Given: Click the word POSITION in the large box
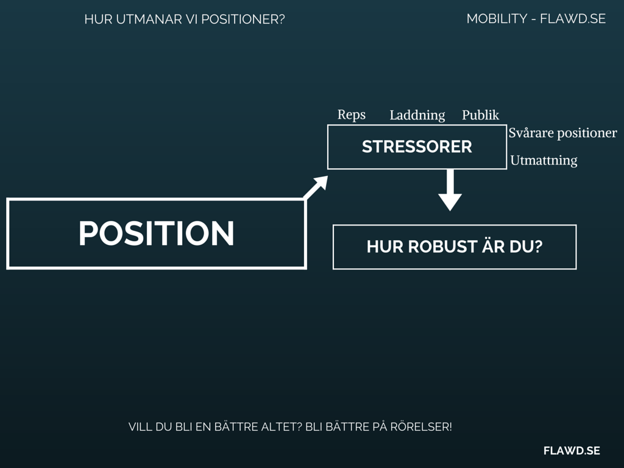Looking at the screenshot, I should click(x=156, y=233).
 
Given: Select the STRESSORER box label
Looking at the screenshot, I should click(x=417, y=147).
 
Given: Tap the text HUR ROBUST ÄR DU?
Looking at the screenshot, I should click(x=454, y=247).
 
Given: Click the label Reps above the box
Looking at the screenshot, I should click(x=352, y=115).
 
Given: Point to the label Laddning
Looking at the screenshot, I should click(x=417, y=115).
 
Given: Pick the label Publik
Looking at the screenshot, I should click(x=480, y=115).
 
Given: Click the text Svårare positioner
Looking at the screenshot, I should click(x=562, y=133).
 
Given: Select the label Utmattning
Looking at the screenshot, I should click(x=544, y=161).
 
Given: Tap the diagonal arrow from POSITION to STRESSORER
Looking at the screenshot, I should click(x=315, y=187).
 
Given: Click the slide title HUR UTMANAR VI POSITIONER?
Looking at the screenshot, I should click(x=185, y=19).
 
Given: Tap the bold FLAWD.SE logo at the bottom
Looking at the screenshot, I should click(x=572, y=450).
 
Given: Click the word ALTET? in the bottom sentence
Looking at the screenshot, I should click(x=281, y=427).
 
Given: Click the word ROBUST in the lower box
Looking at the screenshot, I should click(x=434, y=247).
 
